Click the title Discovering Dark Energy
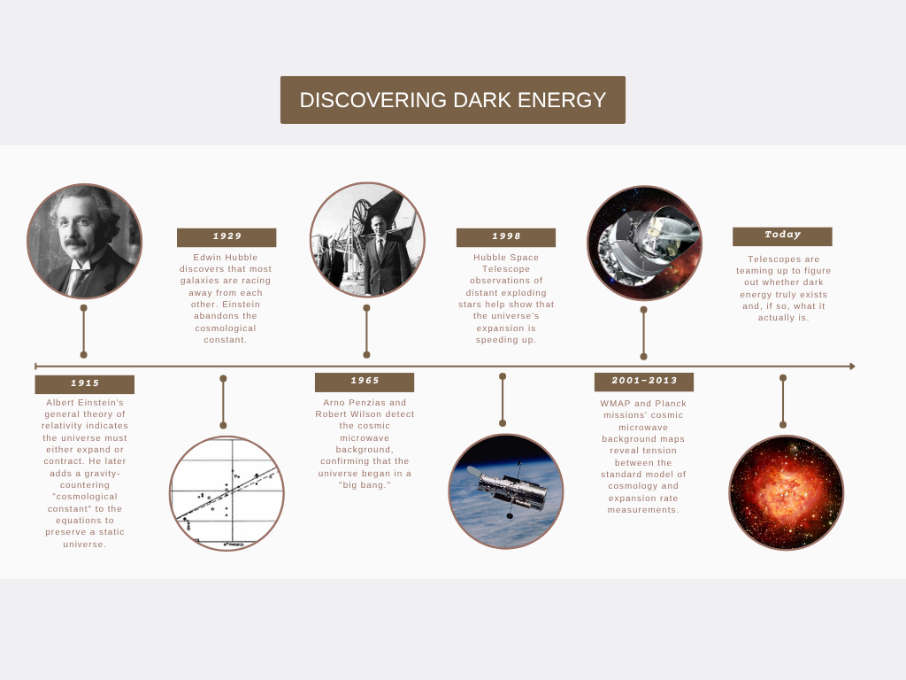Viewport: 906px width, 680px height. [x=453, y=100]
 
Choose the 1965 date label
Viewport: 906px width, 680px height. [x=365, y=382]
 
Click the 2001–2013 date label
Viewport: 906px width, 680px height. [x=644, y=382]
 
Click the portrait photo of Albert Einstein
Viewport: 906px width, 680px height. [x=84, y=241]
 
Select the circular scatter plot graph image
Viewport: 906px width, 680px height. [x=226, y=493]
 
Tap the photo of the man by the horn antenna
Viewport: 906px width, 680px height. [x=367, y=239]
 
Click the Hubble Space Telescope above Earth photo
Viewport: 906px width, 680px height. [x=506, y=491]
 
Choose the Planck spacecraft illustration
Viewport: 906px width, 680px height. [x=644, y=243]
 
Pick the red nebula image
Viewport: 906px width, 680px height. [x=787, y=492]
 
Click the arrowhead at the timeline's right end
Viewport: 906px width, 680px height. [x=852, y=366]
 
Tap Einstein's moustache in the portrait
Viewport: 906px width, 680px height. [x=76, y=243]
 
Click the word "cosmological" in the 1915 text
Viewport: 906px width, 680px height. [x=86, y=497]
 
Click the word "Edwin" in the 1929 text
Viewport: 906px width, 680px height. [x=205, y=258]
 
